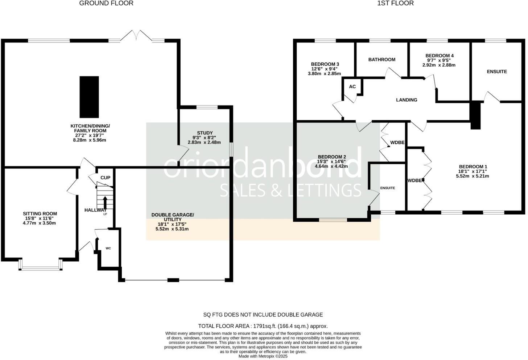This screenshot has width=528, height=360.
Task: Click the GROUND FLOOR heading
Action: pyautogui.click(x=106, y=3)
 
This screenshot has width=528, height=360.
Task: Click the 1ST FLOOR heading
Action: pyautogui.click(x=395, y=3)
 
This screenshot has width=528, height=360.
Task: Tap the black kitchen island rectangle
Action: pyautogui.click(x=89, y=96)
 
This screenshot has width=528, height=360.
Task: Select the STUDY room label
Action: pyautogui.click(x=205, y=133)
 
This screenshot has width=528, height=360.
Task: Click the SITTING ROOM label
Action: pyautogui.click(x=40, y=214)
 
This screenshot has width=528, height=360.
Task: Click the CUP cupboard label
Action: pyautogui.click(x=105, y=177)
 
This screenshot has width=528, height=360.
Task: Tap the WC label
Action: pyautogui.click(x=108, y=249)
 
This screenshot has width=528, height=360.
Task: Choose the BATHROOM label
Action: pyautogui.click(x=381, y=60)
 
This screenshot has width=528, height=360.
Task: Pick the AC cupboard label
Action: pyautogui.click(x=352, y=87)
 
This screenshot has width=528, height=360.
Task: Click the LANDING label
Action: pyautogui.click(x=406, y=100)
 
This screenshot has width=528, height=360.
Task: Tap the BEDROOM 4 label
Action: pyautogui.click(x=440, y=56)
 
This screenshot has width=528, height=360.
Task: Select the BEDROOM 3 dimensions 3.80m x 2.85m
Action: pyautogui.click(x=324, y=73)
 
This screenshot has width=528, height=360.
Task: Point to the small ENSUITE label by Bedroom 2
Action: pyautogui.click(x=387, y=188)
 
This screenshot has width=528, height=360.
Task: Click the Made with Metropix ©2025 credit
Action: pyautogui.click(x=263, y=356)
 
